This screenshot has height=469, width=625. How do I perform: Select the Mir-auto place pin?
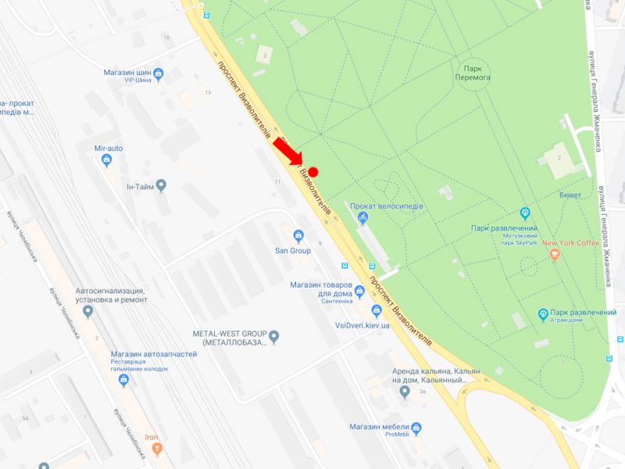coord(107,160)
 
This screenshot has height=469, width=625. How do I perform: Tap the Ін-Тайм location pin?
coord(161,186)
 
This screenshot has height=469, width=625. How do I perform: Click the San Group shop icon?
coord(298,236)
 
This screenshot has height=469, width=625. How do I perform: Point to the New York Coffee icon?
coord(555,254)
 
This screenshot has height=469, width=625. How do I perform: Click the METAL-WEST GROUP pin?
coord(273,337)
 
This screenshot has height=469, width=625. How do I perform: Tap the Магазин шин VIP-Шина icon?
coord(159,74)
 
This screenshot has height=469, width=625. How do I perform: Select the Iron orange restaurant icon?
coord(157,449)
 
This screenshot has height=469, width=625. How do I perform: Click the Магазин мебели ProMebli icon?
coord(416,428)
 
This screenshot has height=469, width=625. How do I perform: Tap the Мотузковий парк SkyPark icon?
coord(526,213)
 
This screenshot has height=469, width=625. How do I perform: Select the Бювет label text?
coord(570,195)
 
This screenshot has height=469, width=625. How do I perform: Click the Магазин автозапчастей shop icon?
coord(123,380)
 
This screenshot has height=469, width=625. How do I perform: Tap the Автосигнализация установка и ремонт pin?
coord(87,312)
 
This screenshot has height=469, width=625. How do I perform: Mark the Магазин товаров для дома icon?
coord(359,292)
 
